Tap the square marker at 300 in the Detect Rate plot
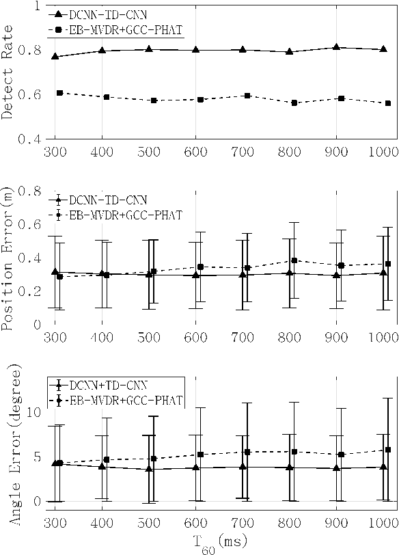60,92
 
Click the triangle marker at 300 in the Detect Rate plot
55,56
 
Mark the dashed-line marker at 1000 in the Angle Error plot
388,450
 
